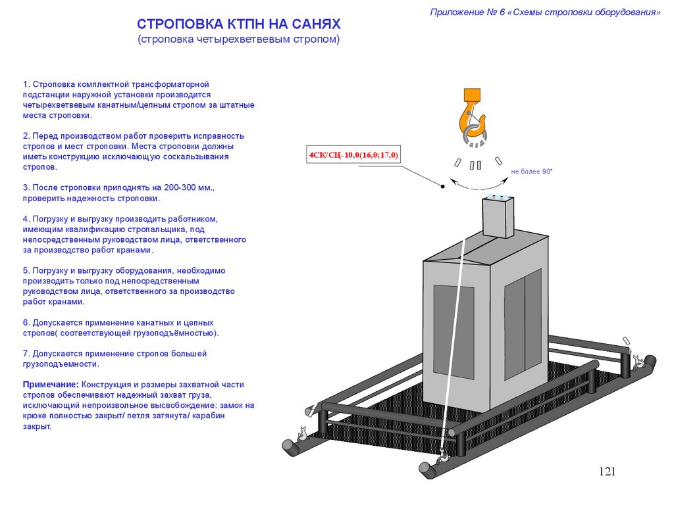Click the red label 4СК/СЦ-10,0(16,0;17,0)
point(354,155)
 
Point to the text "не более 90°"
point(532,172)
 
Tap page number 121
point(607,471)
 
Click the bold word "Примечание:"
point(51,384)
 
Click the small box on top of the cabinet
point(498,217)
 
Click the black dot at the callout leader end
point(443,187)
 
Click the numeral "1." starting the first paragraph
point(26,85)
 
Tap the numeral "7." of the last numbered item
point(26,353)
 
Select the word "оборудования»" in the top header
point(628,12)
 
